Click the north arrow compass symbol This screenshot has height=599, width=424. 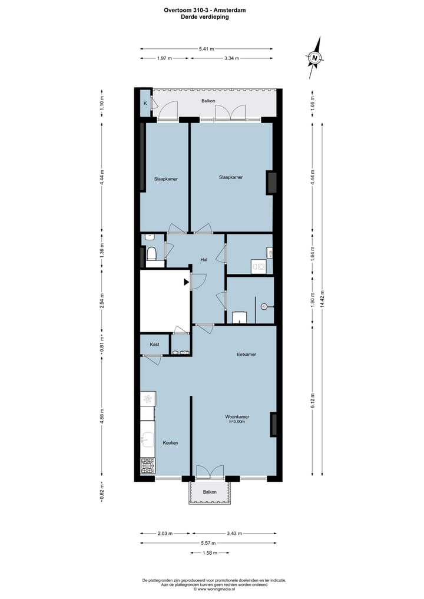point(316,57)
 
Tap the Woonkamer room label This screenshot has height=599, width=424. point(236,415)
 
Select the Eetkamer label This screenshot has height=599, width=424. point(246,355)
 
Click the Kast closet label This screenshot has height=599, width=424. point(154,344)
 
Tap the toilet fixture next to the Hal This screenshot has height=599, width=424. point(151,254)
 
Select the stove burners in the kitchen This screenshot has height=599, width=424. point(148,466)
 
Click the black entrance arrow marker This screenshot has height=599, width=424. point(187,282)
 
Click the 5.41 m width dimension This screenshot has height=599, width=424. point(206,49)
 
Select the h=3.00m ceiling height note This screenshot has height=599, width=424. point(236,422)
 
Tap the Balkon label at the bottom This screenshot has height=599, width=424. point(210,492)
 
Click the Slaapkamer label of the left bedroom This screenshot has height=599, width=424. point(166,178)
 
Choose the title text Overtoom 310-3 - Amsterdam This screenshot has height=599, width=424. point(205,10)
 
